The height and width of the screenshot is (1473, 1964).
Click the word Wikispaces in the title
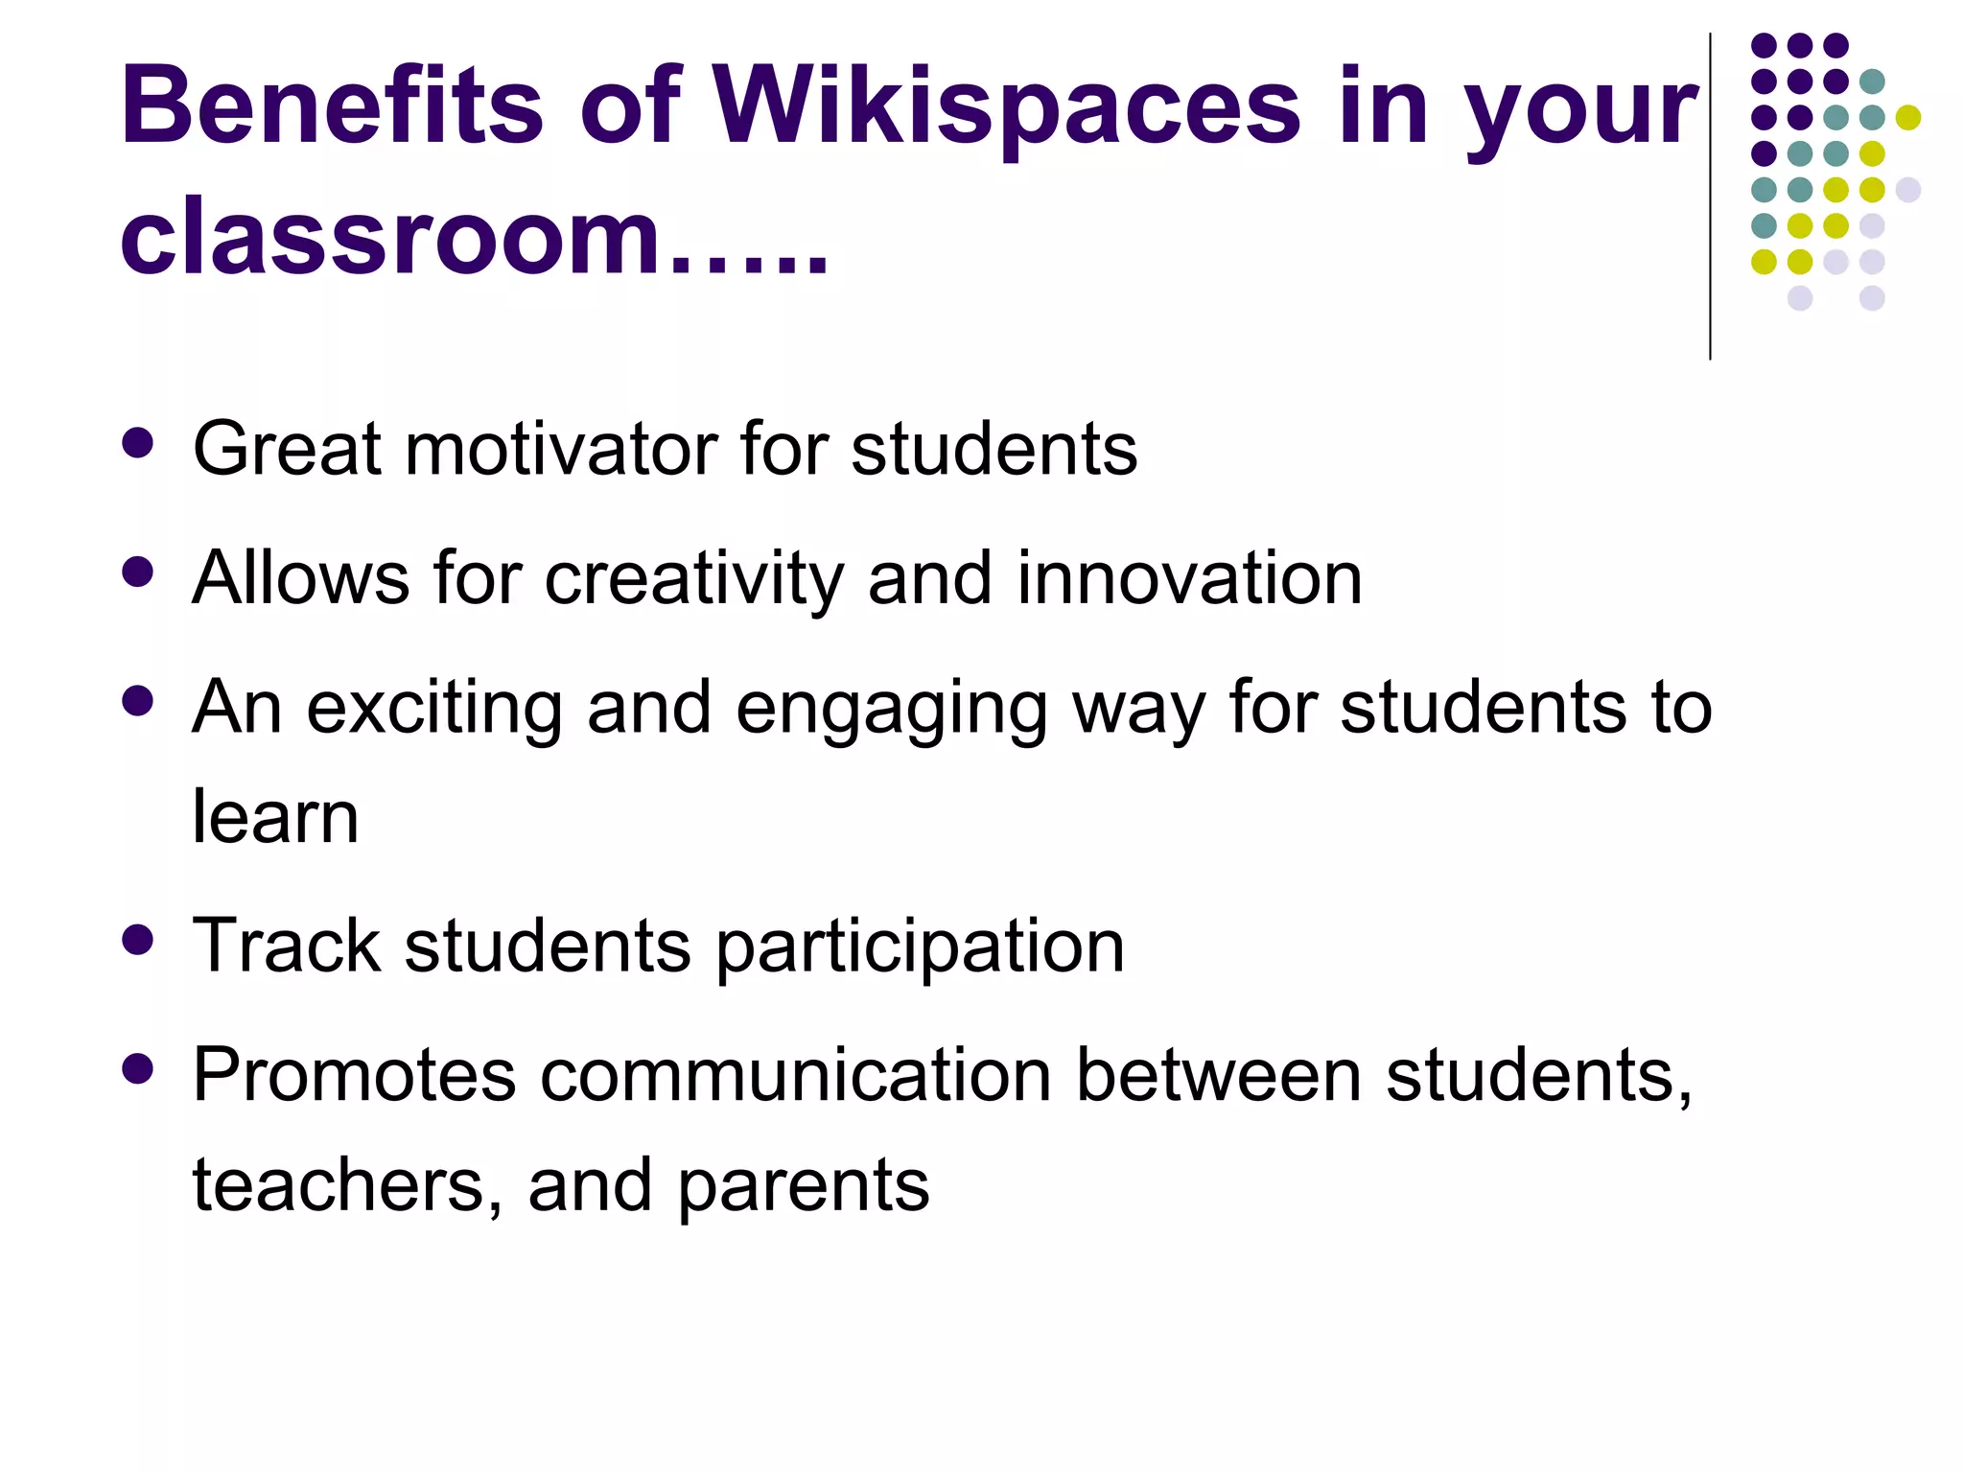click(x=1007, y=107)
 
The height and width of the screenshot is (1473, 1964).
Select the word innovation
click(x=1189, y=578)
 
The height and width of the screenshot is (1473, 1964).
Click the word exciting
click(x=434, y=708)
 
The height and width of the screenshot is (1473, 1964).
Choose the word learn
click(x=275, y=817)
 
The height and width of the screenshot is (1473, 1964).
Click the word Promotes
click(x=354, y=1075)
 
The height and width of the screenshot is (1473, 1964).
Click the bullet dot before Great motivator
click(x=138, y=444)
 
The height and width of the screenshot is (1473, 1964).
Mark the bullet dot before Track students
click(x=138, y=941)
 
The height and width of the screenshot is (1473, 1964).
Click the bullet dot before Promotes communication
click(x=138, y=1069)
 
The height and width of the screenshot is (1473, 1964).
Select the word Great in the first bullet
click(x=287, y=449)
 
